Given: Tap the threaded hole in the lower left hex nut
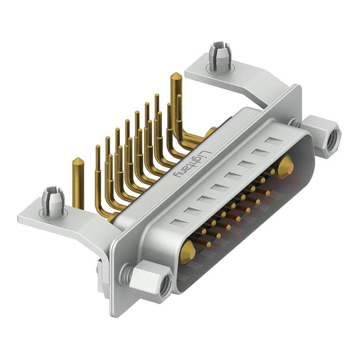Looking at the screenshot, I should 164,284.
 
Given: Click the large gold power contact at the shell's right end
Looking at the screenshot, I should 285,167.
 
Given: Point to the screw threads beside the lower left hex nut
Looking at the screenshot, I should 127,272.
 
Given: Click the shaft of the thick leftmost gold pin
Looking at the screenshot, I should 78,184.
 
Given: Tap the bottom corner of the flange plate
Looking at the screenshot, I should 115,313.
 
